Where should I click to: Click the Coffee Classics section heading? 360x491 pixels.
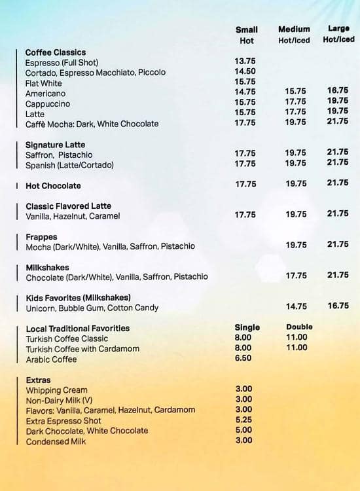coord(55,52)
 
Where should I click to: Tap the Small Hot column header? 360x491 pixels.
coord(247,35)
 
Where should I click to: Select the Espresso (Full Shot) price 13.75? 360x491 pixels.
coord(245,62)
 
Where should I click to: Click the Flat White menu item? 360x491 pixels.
coord(44,83)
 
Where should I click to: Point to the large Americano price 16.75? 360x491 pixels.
coord(338,91)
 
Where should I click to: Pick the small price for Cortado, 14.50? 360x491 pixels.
coord(245,71)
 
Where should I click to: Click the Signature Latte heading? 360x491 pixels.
coord(55,145)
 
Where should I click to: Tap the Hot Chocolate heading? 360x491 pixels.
coord(53,186)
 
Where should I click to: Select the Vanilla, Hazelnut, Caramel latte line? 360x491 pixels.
coord(73,216)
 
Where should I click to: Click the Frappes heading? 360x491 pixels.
coord(41,237)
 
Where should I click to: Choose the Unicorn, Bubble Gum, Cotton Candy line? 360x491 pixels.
coord(92,308)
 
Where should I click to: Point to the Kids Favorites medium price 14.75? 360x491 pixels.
coord(296,306)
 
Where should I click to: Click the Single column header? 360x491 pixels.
coord(247,327)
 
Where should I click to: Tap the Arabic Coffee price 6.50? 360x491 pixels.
coord(243,359)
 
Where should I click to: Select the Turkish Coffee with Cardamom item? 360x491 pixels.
coord(82,349)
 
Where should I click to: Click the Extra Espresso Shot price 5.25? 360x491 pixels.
coord(243,420)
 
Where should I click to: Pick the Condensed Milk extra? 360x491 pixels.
coord(56,441)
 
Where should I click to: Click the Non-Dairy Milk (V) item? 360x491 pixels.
coord(59,400)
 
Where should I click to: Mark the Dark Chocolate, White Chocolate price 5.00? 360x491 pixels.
coord(243,430)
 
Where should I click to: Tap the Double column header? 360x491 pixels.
coord(299,327)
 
